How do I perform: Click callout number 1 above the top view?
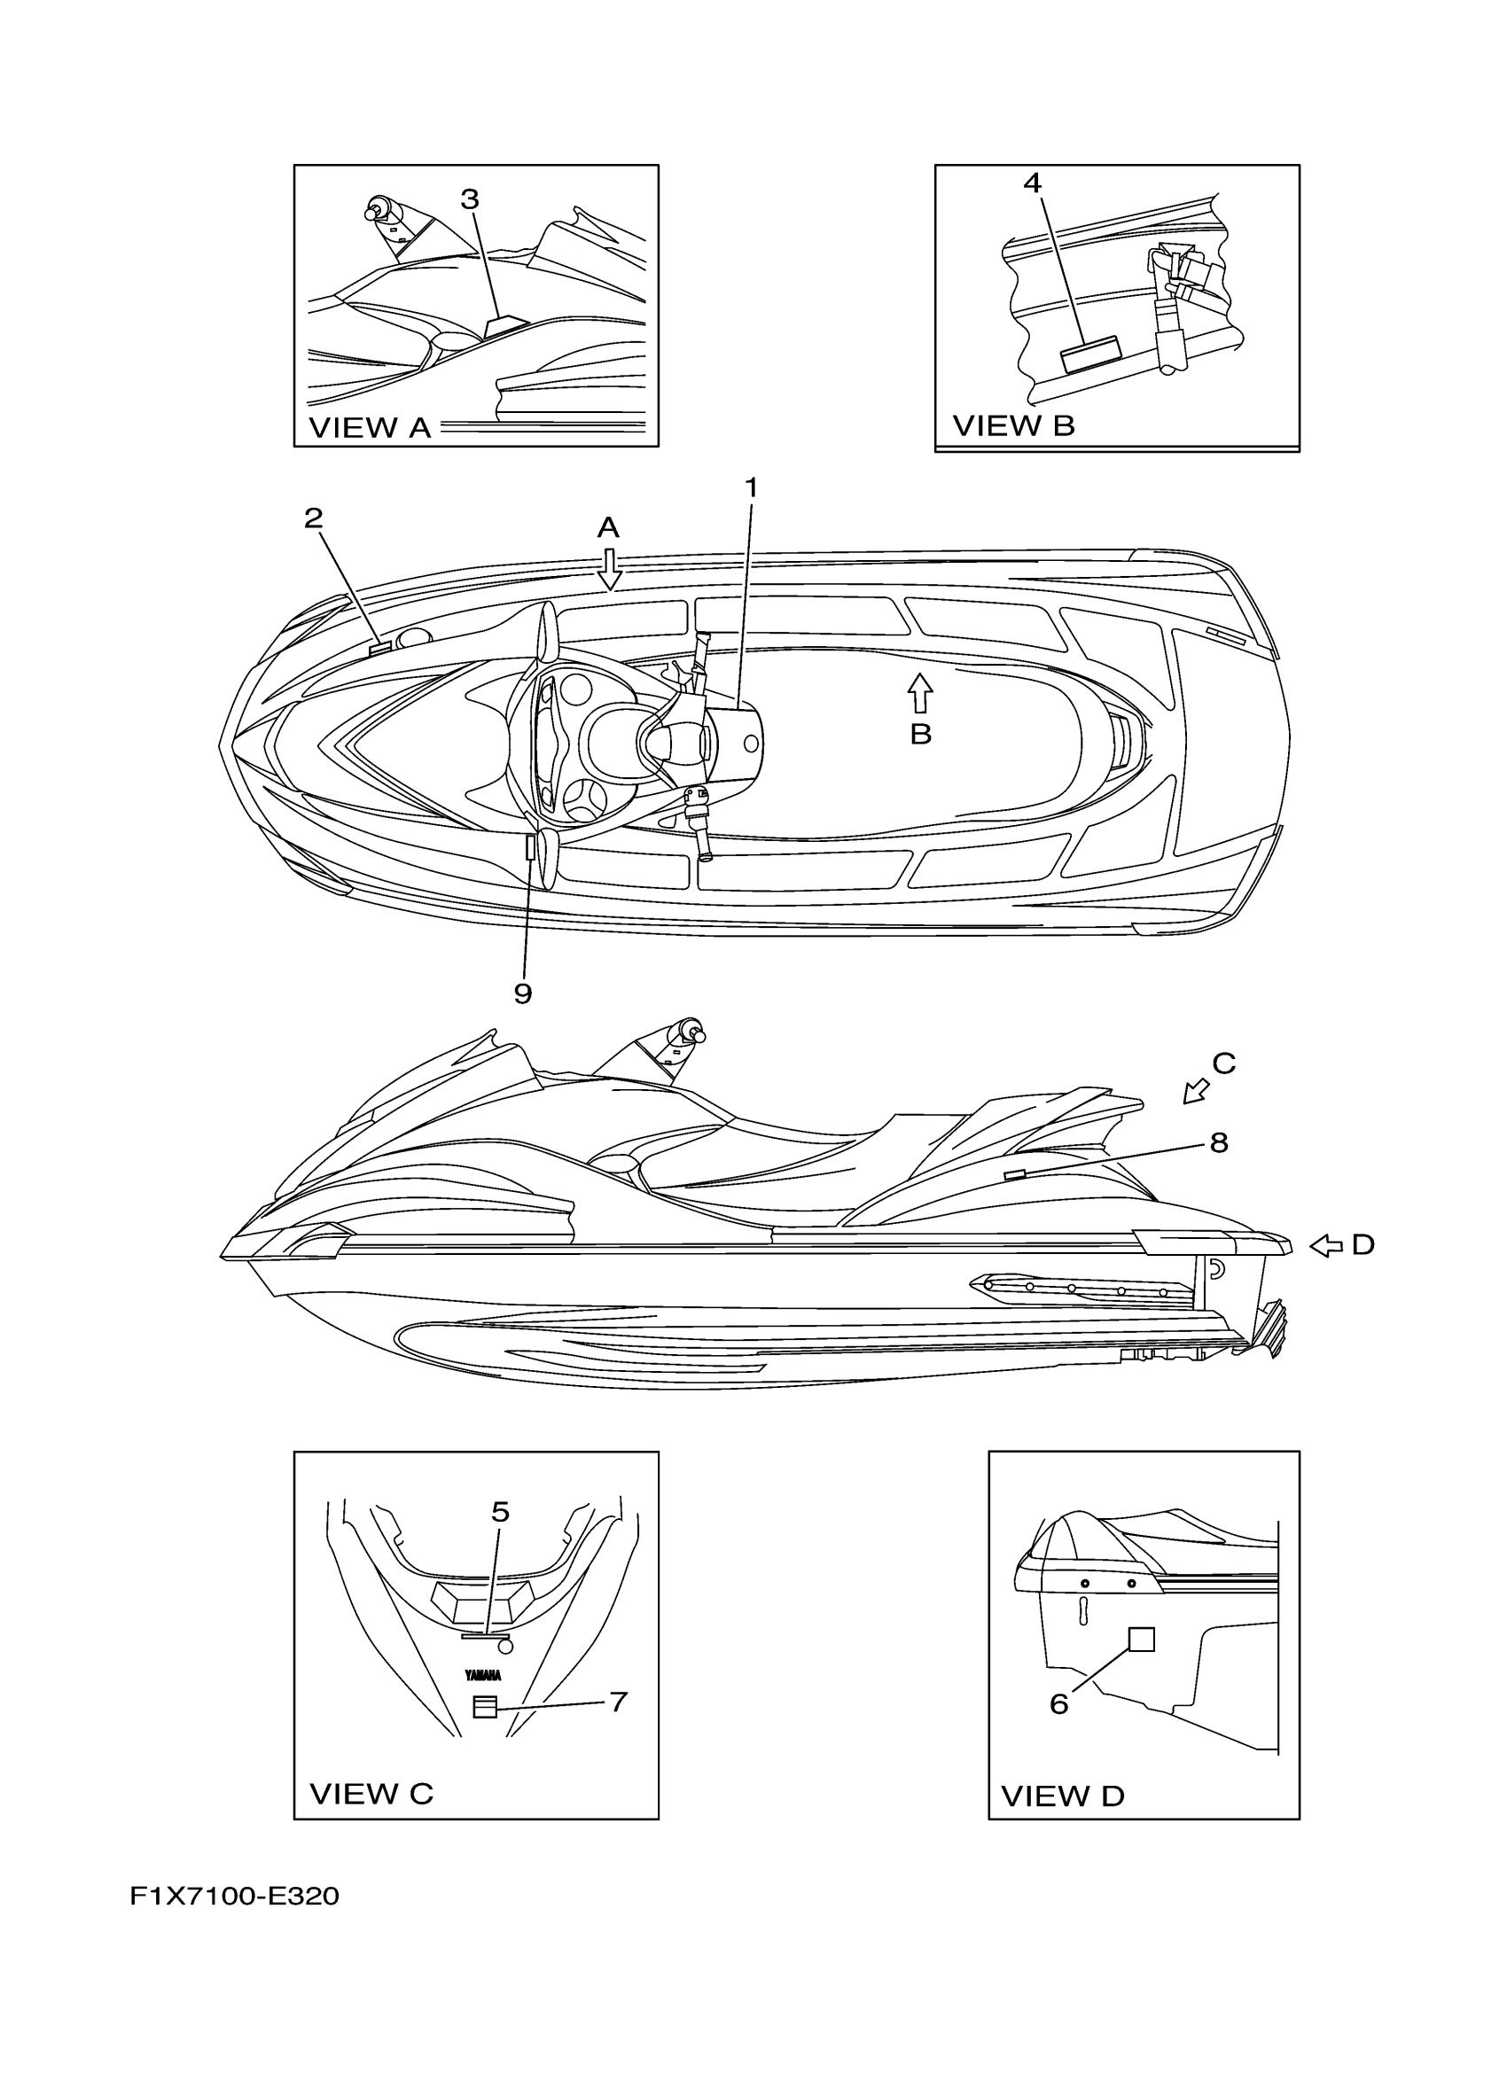pyautogui.click(x=751, y=489)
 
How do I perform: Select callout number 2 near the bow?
pyautogui.click(x=314, y=519)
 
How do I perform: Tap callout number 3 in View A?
pyautogui.click(x=470, y=199)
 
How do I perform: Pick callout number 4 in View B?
pyautogui.click(x=1033, y=183)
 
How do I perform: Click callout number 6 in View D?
pyautogui.click(x=1058, y=1704)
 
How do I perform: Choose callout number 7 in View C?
pyautogui.click(x=618, y=1702)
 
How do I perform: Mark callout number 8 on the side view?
pyautogui.click(x=1218, y=1142)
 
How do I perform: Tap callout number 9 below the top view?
pyautogui.click(x=523, y=993)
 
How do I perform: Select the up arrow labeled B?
pyautogui.click(x=920, y=693)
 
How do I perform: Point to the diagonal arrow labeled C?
pyautogui.click(x=1195, y=1090)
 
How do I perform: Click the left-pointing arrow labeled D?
pyautogui.click(x=1325, y=1245)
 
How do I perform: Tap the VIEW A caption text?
pyautogui.click(x=370, y=428)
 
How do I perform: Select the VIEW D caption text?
pyautogui.click(x=1062, y=1796)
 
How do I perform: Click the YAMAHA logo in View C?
pyautogui.click(x=483, y=1676)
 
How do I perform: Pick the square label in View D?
pyautogui.click(x=1141, y=1639)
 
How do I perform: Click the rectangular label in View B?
pyautogui.click(x=1091, y=353)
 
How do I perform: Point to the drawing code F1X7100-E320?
pyautogui.click(x=235, y=1897)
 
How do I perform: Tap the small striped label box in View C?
pyautogui.click(x=484, y=1706)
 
